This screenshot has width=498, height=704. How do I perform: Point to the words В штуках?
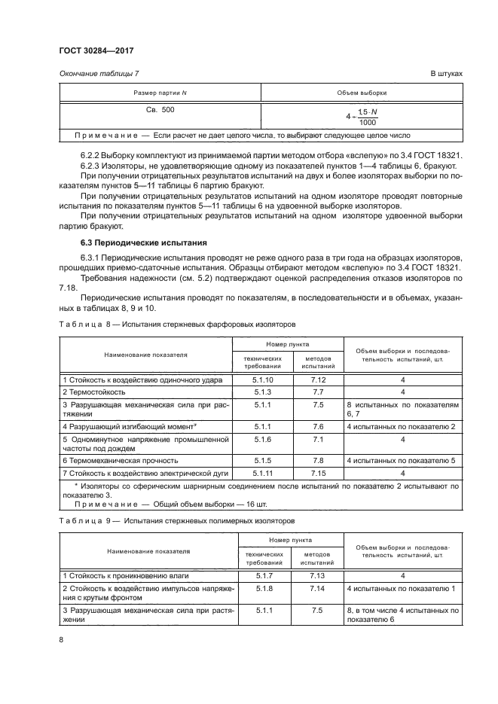point(445,73)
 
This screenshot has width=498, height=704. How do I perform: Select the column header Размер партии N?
point(159,93)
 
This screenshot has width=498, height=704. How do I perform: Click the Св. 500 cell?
point(159,109)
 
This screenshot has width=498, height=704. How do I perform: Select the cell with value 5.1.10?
point(263,380)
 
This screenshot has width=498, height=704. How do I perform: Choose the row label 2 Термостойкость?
point(94,392)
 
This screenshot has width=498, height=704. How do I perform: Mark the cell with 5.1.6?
point(263,438)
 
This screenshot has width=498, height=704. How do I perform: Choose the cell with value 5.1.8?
point(263,588)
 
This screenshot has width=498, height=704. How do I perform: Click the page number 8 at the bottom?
point(61,640)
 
